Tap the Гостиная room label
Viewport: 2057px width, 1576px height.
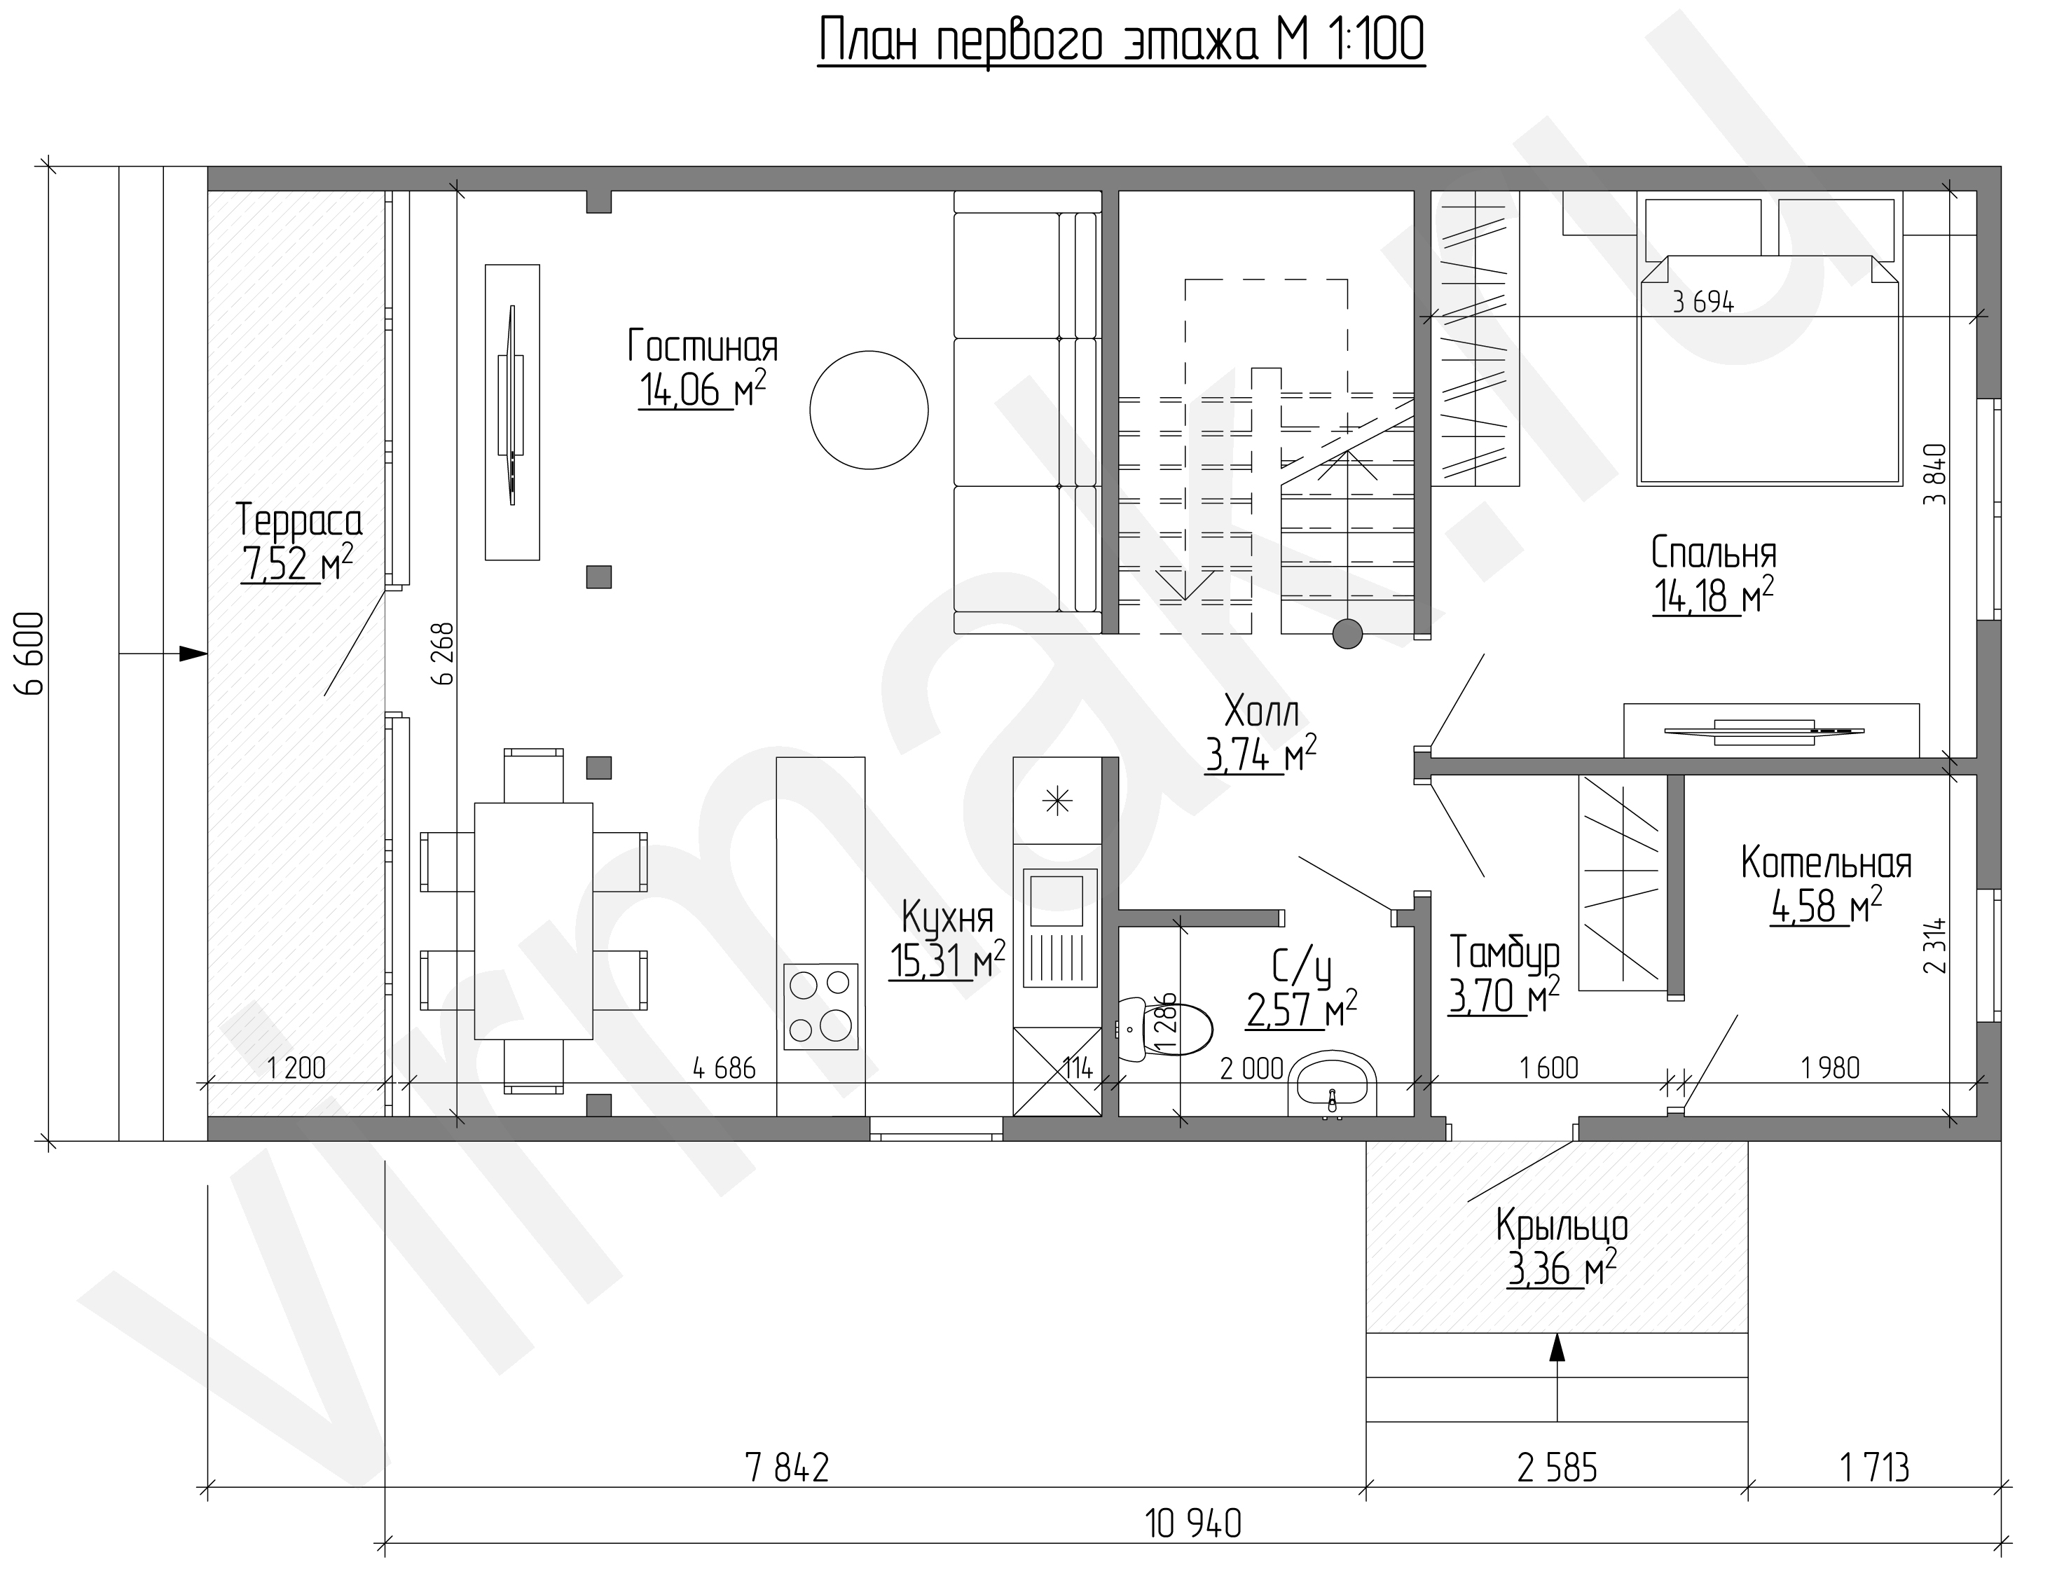703,345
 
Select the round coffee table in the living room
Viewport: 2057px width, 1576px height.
869,410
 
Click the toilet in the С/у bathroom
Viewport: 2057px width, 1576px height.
1164,1031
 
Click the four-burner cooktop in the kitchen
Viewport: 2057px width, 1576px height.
821,1007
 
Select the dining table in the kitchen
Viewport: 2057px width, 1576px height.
533,921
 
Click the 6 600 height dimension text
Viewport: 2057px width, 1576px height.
31,654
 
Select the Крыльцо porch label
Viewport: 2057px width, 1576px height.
1562,1225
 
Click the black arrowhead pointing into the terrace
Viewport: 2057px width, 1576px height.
193,653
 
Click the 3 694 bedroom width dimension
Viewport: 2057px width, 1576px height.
1703,302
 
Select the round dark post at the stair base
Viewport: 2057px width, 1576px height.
1347,634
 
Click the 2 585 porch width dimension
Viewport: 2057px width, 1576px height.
1557,1468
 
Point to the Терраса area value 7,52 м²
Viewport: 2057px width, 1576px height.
296,565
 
